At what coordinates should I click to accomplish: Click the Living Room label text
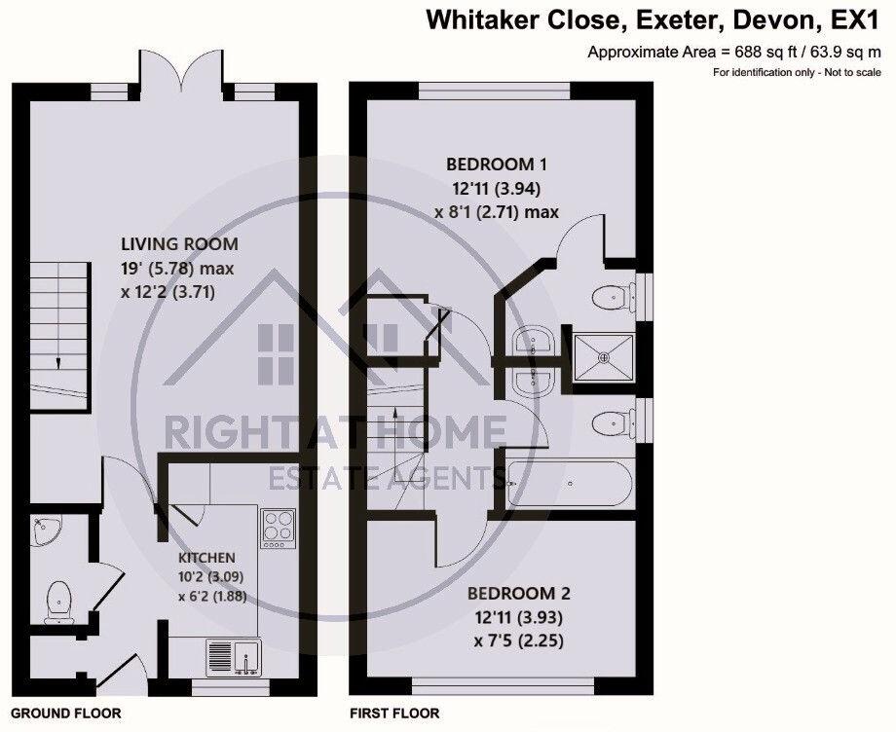(x=179, y=244)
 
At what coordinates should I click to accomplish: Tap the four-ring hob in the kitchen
(x=277, y=529)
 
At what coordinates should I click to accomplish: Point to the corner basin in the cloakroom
(x=43, y=529)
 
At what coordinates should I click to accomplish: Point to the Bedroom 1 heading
(x=491, y=165)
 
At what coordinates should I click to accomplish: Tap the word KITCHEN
(x=205, y=558)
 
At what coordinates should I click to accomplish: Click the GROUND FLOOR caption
(x=65, y=714)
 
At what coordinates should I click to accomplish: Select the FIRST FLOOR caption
(x=394, y=714)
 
